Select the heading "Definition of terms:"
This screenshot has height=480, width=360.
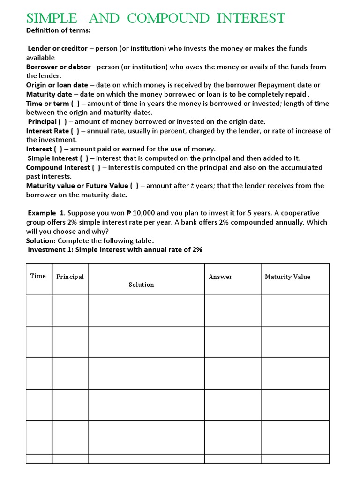pos(58,30)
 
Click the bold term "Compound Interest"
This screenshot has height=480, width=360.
pos(58,167)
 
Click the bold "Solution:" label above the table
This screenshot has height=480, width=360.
pos(41,240)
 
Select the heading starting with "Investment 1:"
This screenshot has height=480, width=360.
pos(115,250)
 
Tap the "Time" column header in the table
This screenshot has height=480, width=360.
pos(38,276)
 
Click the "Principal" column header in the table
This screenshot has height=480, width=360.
pos(70,277)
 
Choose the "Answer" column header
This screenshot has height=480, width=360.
pos(220,277)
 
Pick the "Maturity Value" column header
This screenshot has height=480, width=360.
pos(287,277)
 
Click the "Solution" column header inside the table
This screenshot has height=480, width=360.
pos(141,285)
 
